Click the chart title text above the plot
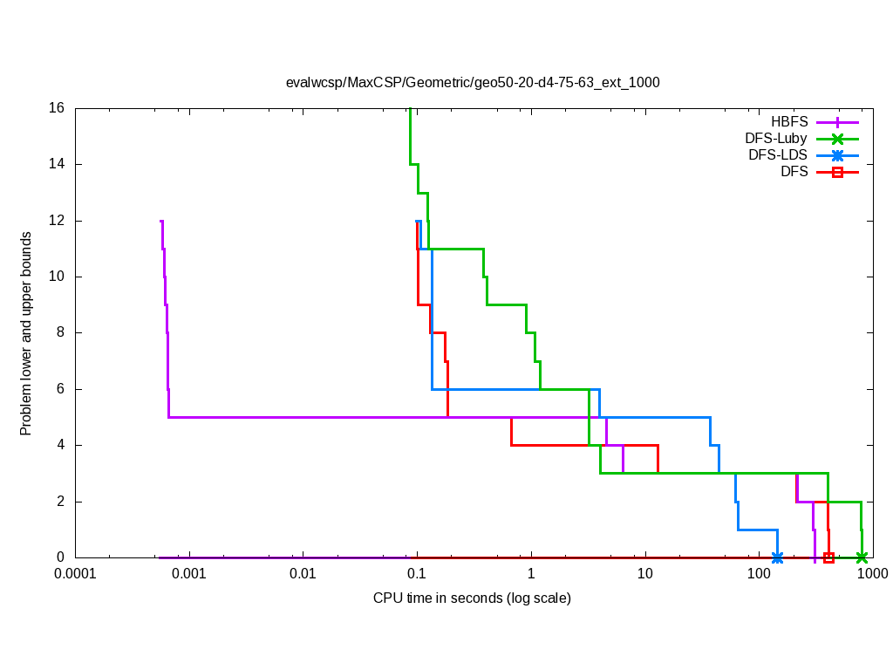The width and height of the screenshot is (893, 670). (473, 83)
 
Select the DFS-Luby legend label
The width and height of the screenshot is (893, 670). (776, 138)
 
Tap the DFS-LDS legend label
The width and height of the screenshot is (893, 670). (778, 155)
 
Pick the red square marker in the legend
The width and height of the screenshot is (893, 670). (837, 172)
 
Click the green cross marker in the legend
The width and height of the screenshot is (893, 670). (837, 138)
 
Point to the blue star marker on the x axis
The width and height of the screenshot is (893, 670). (777, 557)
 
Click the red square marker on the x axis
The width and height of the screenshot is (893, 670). (828, 557)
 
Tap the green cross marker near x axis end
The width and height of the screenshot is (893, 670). (862, 557)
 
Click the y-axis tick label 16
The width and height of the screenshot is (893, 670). (58, 108)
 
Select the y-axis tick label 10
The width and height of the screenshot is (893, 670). (58, 277)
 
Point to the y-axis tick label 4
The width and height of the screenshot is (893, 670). (61, 445)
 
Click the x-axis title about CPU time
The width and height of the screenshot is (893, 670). (472, 598)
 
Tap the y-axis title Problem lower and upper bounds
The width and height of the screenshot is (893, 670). (26, 333)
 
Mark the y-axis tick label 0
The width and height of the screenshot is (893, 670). (61, 557)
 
